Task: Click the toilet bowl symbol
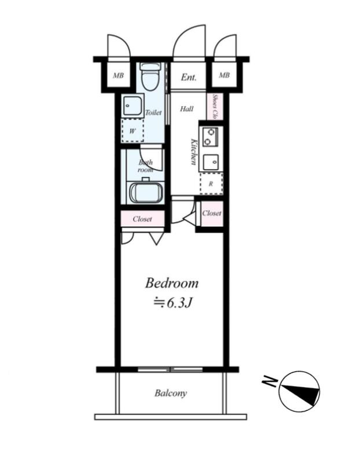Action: (151, 76)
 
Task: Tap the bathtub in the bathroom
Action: (146, 193)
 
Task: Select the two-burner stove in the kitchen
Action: (210, 137)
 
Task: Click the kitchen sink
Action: (211, 162)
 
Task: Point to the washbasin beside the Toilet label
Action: (133, 105)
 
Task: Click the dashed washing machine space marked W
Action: (133, 131)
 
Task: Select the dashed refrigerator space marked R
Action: (211, 183)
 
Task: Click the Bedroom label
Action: (171, 283)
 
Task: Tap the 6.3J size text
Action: (172, 303)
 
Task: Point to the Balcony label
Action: (171, 394)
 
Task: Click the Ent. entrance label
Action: (189, 78)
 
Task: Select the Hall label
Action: (186, 109)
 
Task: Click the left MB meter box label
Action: (118, 76)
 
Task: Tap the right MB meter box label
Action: (224, 75)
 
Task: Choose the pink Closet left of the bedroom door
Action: (142, 219)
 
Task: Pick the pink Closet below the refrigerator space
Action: (212, 213)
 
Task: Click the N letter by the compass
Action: (270, 382)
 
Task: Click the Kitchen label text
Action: (194, 151)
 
